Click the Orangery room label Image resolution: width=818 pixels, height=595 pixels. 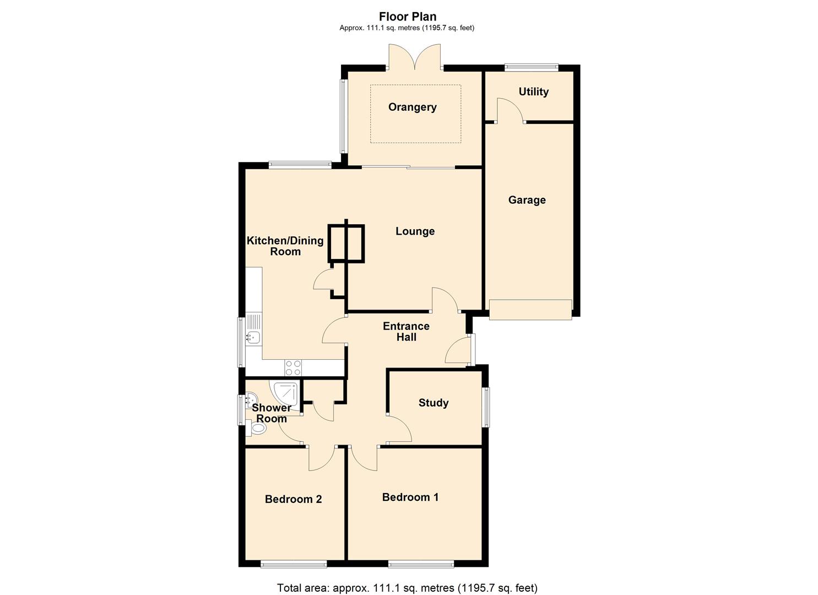[412, 107]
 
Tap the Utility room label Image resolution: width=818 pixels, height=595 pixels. [533, 91]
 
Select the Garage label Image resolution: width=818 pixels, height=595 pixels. [527, 200]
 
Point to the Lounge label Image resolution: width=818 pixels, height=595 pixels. [415, 231]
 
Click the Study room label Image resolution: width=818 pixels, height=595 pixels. [433, 403]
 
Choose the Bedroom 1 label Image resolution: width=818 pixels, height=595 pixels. [410, 497]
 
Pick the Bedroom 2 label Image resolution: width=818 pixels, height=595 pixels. [293, 499]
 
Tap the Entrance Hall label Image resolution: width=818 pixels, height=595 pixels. [406, 332]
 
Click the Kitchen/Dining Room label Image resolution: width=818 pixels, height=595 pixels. [285, 246]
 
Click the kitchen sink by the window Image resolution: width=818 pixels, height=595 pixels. [253, 329]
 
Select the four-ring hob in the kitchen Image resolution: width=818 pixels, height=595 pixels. [292, 367]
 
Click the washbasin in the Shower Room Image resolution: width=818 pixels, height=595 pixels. [250, 399]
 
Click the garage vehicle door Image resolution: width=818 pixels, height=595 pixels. [530, 309]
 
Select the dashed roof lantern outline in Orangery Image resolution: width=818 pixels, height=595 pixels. [415, 114]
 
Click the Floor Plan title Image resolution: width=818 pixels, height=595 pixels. [407, 17]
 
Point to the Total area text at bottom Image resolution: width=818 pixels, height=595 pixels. [407, 588]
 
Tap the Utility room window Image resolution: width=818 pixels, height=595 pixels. [532, 68]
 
